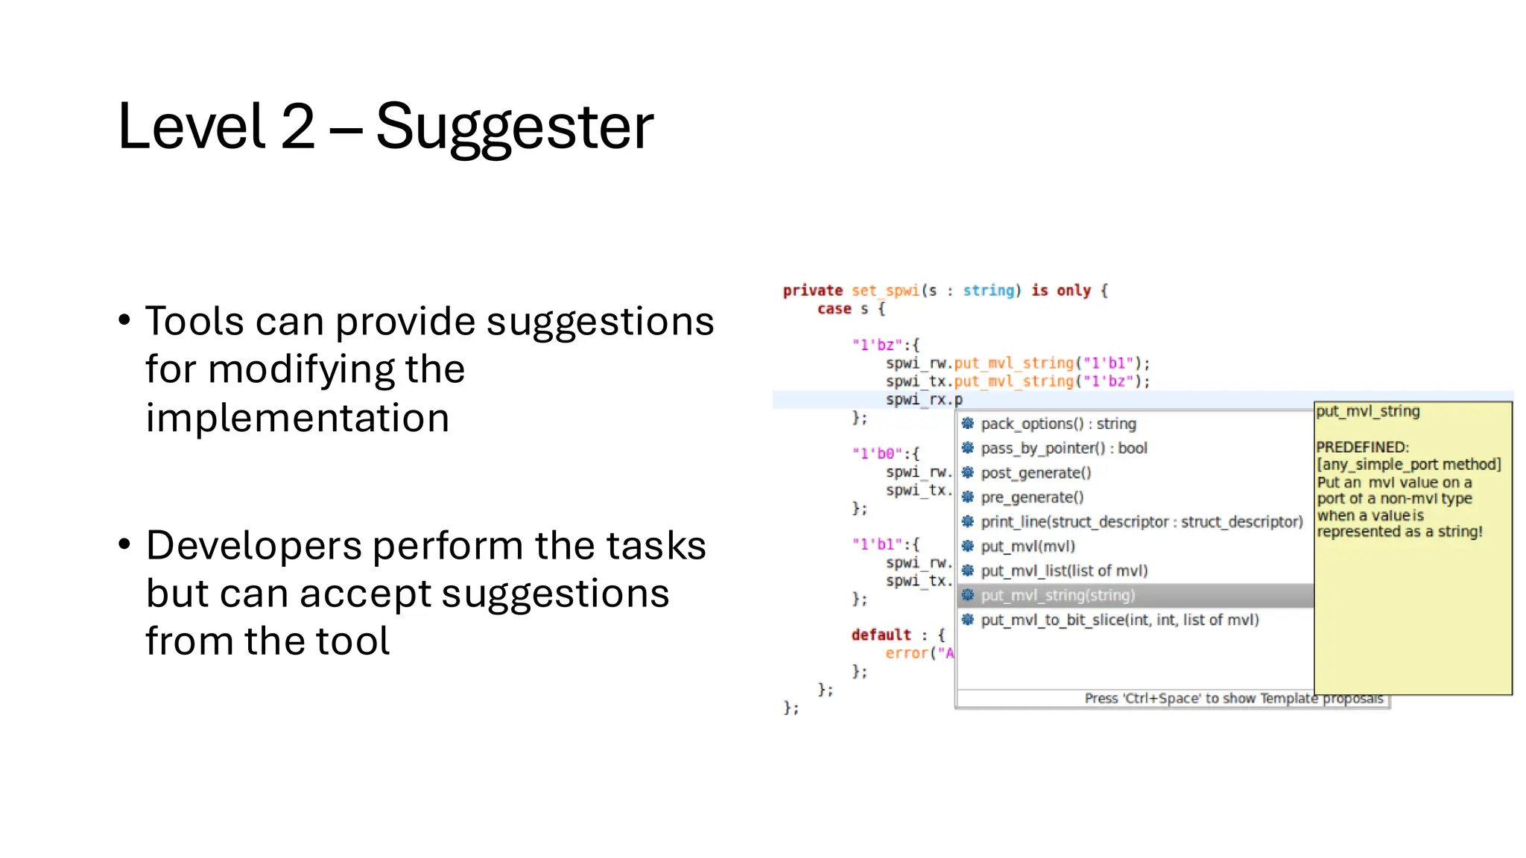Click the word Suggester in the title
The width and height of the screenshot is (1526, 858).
514,127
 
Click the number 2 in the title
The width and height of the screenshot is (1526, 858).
298,127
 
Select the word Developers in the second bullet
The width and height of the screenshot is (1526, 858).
253,545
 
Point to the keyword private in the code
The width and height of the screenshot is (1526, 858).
812,290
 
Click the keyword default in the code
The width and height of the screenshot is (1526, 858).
881,635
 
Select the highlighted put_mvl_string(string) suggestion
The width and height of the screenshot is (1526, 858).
1057,595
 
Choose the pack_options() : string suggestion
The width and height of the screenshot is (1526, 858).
1058,424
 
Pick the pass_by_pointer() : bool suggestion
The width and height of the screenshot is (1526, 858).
1063,448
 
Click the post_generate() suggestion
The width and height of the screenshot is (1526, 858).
1036,473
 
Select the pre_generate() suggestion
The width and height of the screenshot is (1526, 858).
1032,498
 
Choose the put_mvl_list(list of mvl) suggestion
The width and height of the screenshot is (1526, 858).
1064,571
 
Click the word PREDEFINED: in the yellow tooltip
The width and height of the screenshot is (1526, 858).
1362,447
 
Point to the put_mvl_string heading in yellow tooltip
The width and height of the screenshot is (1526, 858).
1367,411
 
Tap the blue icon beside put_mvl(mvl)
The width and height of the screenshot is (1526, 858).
967,546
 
